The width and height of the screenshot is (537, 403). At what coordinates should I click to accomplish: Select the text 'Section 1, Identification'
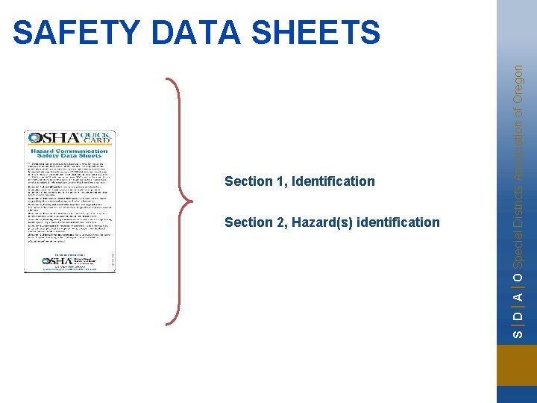299,181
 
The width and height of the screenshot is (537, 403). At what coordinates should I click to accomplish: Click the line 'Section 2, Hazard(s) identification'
332,222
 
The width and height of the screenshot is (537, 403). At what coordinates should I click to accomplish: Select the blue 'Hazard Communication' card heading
69,151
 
